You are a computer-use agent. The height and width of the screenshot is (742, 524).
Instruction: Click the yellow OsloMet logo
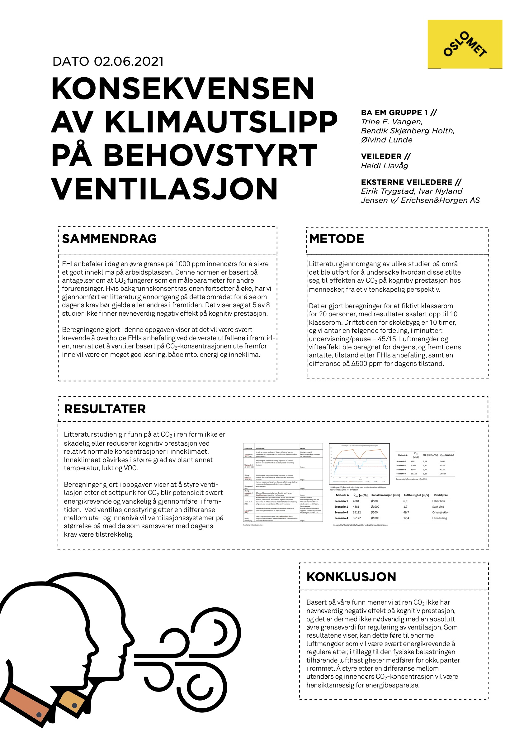pos(465,44)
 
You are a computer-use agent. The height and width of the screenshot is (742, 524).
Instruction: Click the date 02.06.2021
pos(129,61)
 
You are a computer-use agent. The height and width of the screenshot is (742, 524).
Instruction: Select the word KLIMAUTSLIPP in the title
pos(221,122)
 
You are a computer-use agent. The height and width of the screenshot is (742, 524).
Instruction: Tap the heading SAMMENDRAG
pos(110,239)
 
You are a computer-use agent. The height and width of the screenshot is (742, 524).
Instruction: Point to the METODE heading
pos(337,239)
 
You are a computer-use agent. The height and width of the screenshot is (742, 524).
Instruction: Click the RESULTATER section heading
pos(105,409)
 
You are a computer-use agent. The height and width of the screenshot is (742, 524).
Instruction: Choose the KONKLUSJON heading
pos(351,577)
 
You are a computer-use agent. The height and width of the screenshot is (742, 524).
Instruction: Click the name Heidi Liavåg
pos(385,165)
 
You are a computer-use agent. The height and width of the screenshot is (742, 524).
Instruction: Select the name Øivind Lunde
pos(387,140)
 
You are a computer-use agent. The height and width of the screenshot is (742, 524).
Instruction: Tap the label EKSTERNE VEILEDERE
pos(407,182)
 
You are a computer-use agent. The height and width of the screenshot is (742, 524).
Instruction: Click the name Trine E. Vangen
pos(392,122)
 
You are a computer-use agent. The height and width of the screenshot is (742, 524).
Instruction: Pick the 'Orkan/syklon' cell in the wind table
pos(441,512)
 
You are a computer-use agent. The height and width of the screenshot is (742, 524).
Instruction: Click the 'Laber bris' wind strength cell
pos(438,501)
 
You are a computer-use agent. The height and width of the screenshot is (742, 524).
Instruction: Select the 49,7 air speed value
pos(406,512)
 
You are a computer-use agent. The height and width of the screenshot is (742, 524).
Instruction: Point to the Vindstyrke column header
pos(441,495)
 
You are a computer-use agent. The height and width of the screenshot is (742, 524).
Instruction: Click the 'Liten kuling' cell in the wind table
pos(440,518)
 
